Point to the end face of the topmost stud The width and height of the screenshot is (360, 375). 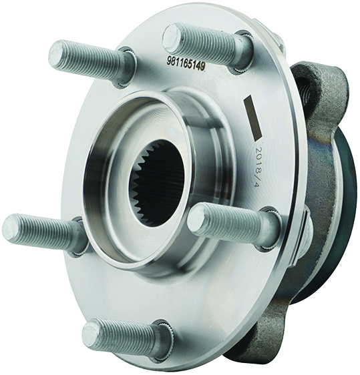click(172, 39)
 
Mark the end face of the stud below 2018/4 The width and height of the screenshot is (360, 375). click(197, 218)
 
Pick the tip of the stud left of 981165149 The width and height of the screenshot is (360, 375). click(57, 54)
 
